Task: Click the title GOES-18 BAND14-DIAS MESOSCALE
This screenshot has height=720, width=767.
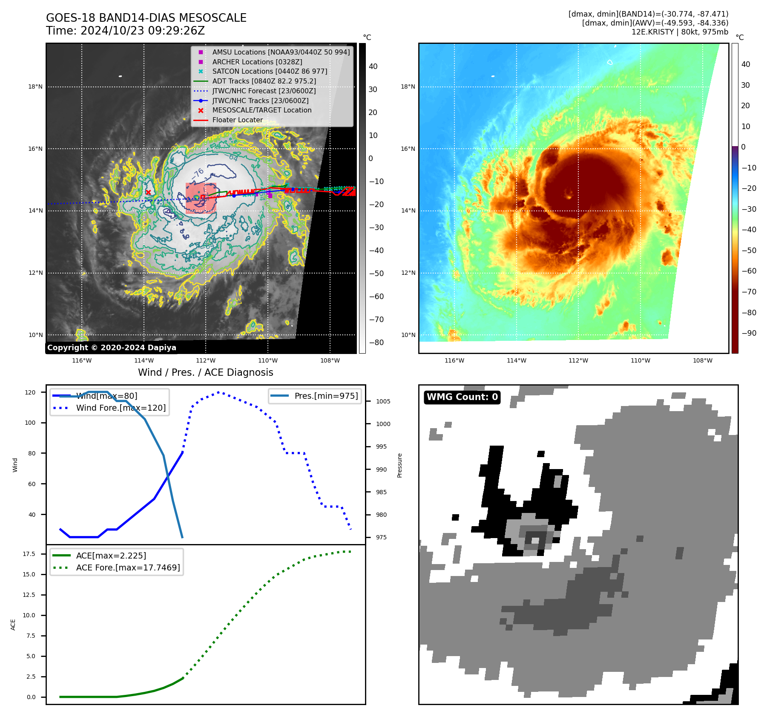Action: (146, 18)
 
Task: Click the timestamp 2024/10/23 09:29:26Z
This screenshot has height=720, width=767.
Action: (142, 31)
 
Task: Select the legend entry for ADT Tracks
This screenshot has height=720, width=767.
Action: (264, 81)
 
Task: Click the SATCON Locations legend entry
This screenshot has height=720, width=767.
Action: (270, 71)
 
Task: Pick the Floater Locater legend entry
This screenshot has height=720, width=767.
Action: (237, 120)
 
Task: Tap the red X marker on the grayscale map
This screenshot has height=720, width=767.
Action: (148, 192)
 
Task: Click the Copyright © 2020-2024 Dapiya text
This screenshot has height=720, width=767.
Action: (112, 348)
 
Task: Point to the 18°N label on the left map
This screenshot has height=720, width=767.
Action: (35, 87)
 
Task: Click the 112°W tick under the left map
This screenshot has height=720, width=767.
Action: (206, 360)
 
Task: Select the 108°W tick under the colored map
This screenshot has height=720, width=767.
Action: (702, 360)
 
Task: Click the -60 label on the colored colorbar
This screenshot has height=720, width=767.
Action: (749, 271)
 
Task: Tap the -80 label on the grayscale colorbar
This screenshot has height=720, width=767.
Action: (376, 343)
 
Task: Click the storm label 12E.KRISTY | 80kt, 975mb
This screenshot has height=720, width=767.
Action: (680, 32)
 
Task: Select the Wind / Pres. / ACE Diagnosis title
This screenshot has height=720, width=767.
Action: (205, 372)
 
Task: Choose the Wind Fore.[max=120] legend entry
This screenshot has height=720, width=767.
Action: (121, 408)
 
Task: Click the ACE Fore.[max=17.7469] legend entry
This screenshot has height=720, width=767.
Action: (128, 567)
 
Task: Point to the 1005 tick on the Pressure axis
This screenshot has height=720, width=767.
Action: (383, 401)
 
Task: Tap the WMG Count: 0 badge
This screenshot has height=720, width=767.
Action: (462, 397)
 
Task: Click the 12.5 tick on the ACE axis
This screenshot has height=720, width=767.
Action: (29, 595)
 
